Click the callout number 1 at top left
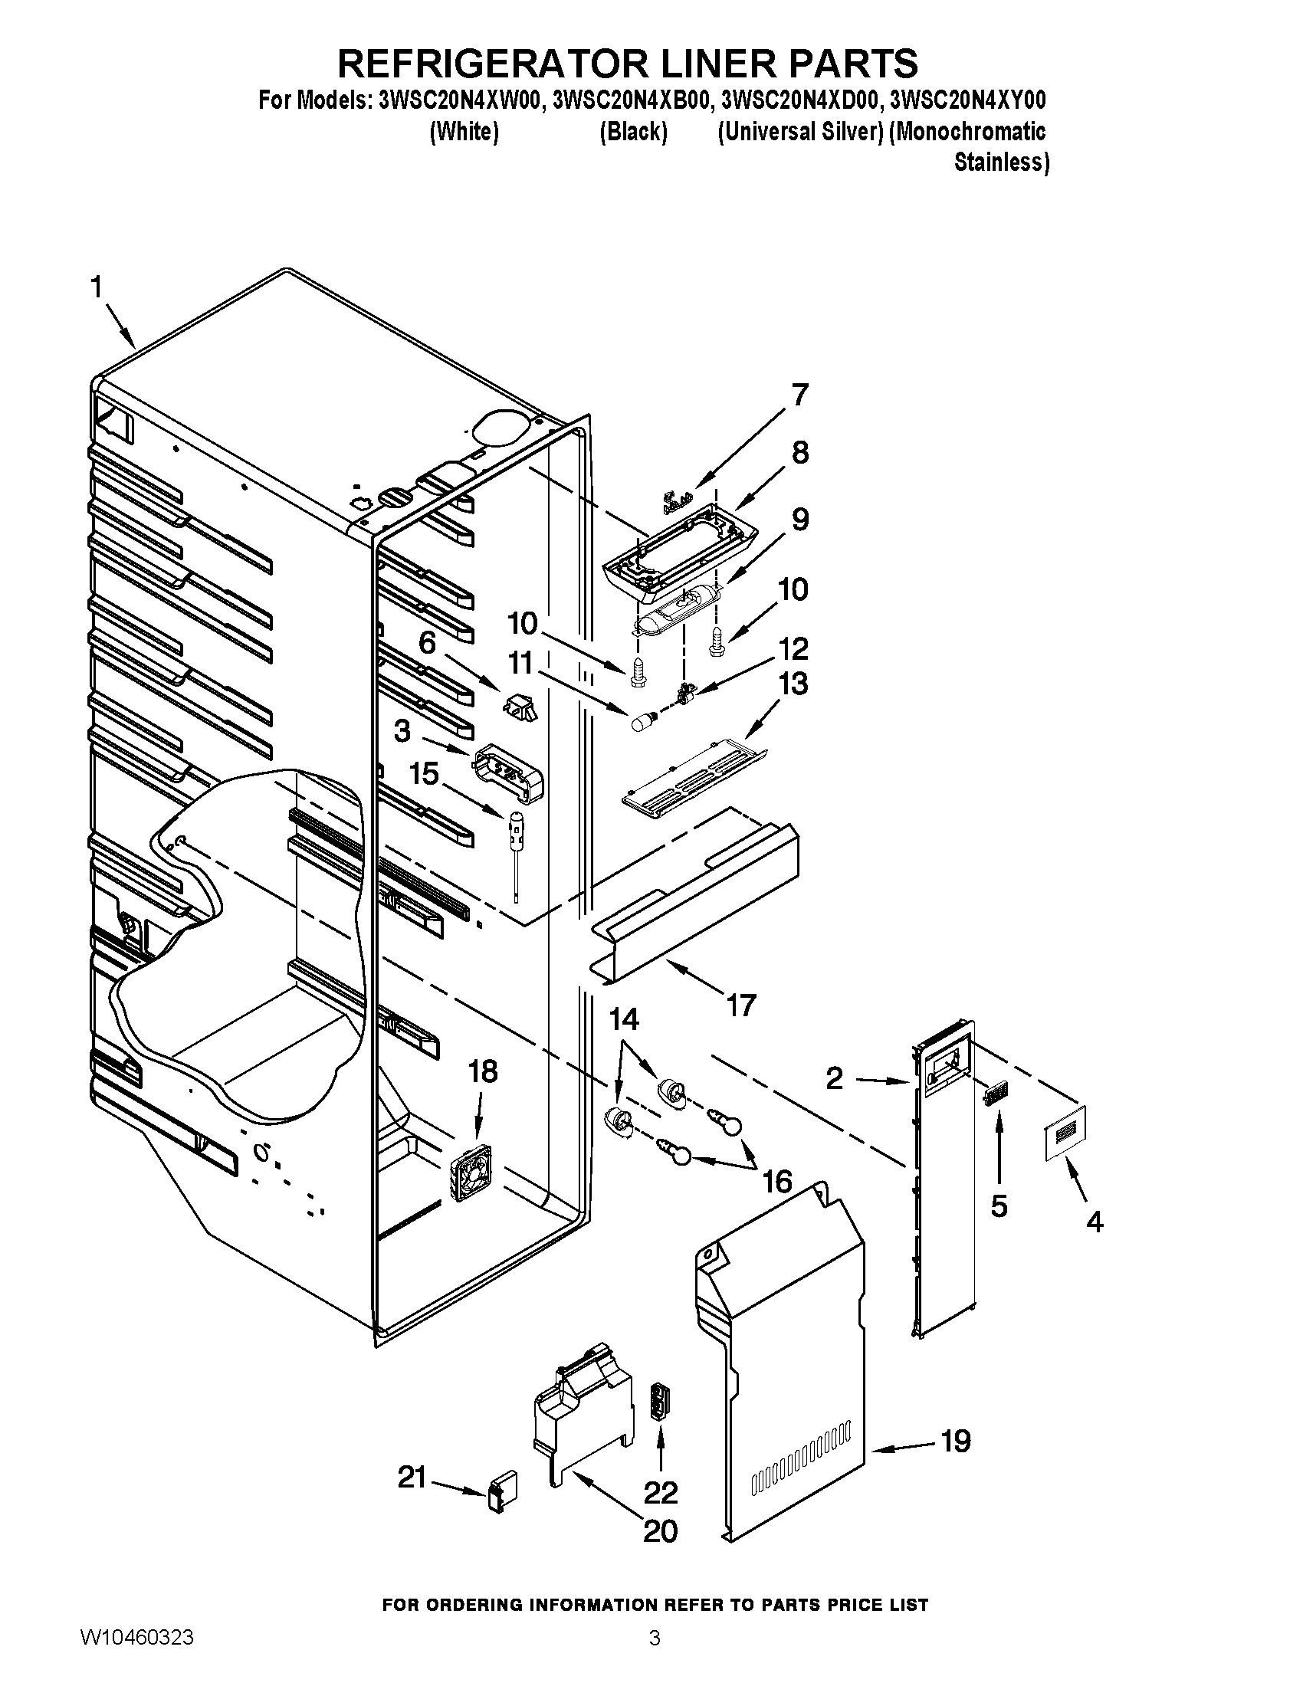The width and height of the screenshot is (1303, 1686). tap(97, 289)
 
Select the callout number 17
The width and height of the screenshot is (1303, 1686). tap(740, 1005)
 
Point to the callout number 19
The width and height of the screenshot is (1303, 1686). tap(956, 1441)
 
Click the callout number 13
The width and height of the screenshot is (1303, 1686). tap(793, 684)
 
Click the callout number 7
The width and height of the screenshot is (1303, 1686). tap(799, 395)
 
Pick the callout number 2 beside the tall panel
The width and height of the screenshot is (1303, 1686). tap(835, 1078)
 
